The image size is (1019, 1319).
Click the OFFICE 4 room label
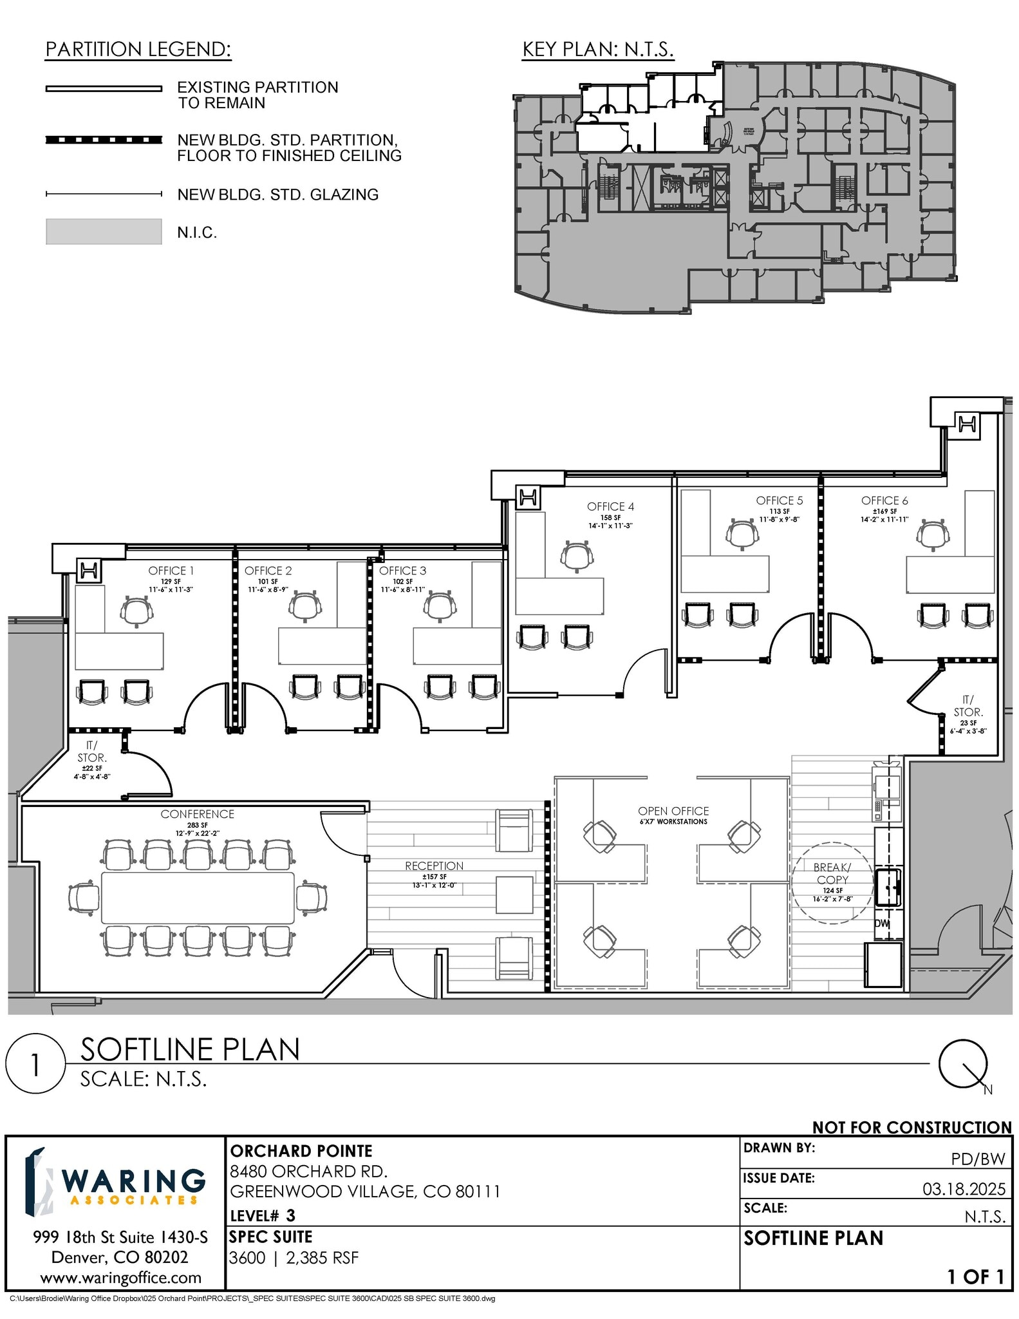(x=610, y=506)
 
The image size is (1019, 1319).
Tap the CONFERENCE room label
(x=197, y=814)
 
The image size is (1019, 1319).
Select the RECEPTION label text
(x=434, y=866)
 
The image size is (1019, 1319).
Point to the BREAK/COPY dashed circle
(x=832, y=882)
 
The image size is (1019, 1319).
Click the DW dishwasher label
(x=881, y=923)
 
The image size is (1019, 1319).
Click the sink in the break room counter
(x=887, y=888)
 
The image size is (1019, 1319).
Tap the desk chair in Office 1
(x=136, y=611)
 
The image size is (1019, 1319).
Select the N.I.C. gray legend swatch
(x=104, y=232)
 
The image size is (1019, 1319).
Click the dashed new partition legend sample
(x=104, y=140)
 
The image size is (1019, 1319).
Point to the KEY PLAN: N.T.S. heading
(x=597, y=50)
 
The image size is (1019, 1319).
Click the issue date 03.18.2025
(x=963, y=1189)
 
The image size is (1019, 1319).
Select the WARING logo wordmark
(x=134, y=1182)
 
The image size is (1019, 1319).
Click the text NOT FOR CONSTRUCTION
(x=911, y=1128)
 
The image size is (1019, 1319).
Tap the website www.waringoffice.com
(x=120, y=1277)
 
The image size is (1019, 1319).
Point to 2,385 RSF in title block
(x=322, y=1258)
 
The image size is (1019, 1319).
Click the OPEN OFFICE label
(x=673, y=811)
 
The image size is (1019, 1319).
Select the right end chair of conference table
(x=312, y=897)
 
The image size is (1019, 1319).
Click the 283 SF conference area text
(x=197, y=825)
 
